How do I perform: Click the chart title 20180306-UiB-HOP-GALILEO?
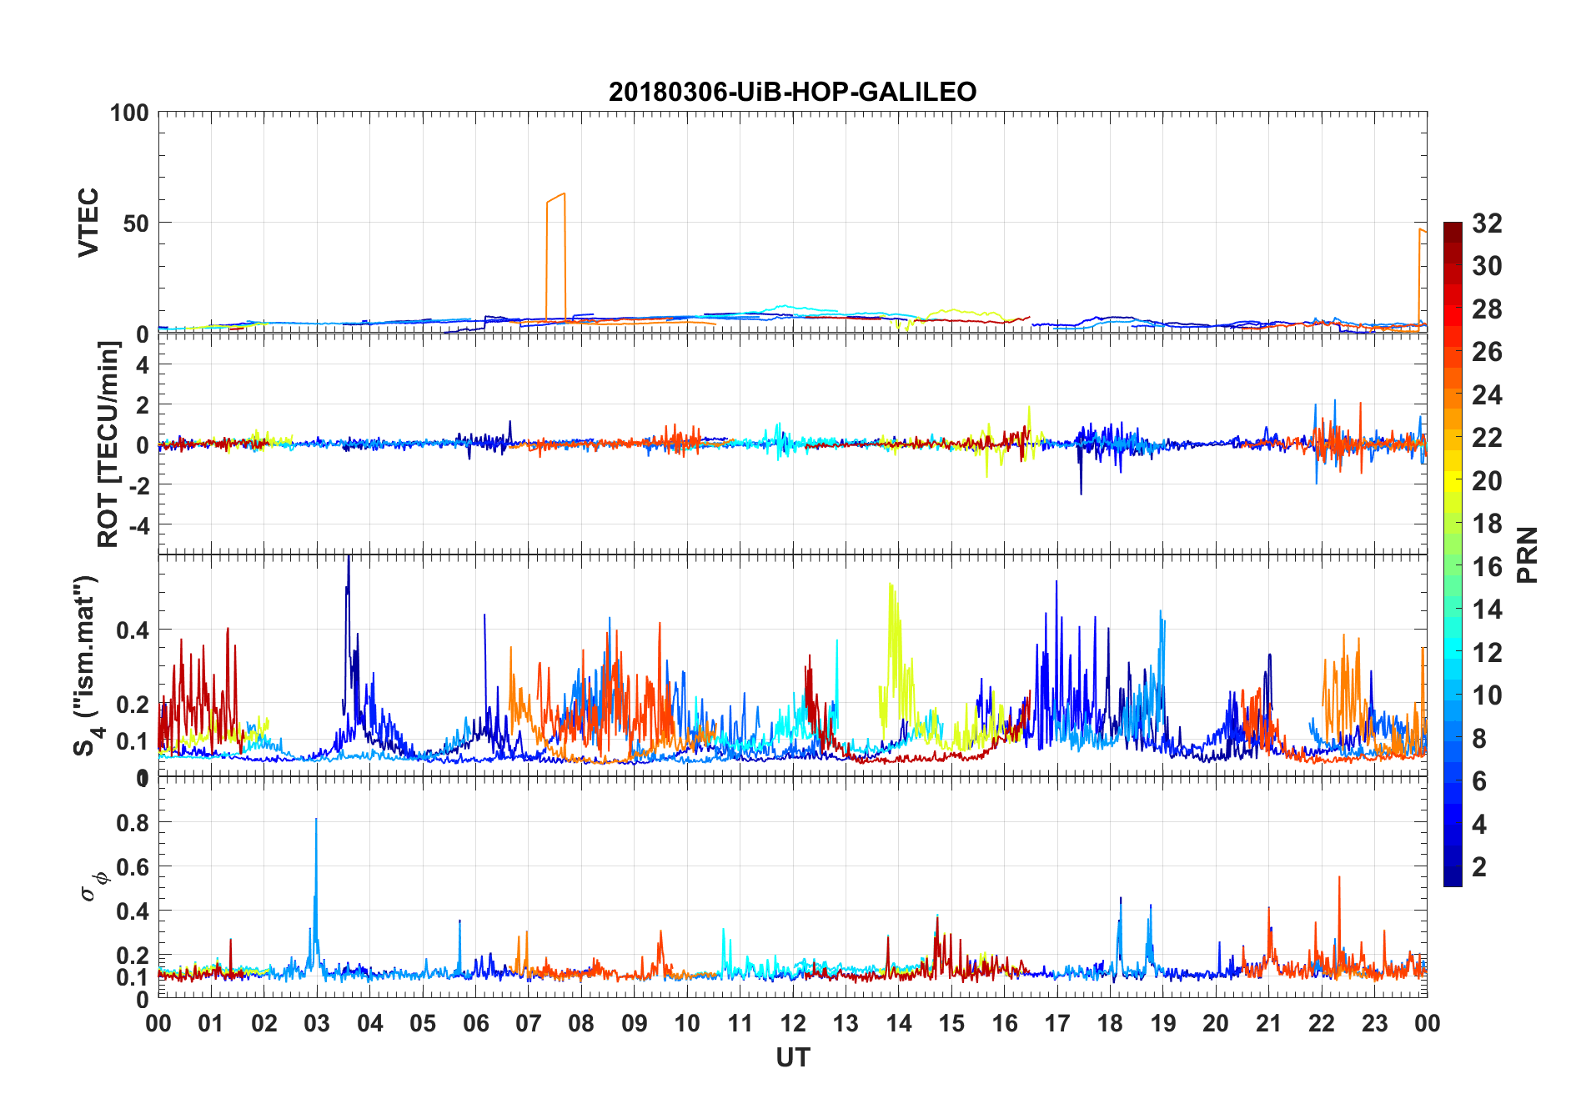click(792, 92)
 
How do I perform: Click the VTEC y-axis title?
click(88, 222)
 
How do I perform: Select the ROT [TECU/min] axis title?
click(108, 444)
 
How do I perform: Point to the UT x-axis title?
click(792, 1057)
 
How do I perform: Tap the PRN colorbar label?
click(1527, 554)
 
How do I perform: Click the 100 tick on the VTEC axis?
click(129, 113)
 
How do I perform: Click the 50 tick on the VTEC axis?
click(136, 223)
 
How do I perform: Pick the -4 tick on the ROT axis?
click(136, 525)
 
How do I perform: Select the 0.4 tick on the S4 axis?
click(133, 630)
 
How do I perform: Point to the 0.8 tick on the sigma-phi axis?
click(133, 822)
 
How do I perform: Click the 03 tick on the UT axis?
click(317, 1023)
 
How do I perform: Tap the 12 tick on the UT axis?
click(793, 1023)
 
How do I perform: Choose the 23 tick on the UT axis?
click(1374, 1023)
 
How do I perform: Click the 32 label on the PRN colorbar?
click(1487, 223)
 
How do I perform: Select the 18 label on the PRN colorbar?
click(1487, 524)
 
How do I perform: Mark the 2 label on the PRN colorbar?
click(1479, 867)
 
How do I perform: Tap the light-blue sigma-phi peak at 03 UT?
click(316, 820)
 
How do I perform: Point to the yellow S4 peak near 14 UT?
click(891, 585)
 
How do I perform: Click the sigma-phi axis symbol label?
click(94, 885)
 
